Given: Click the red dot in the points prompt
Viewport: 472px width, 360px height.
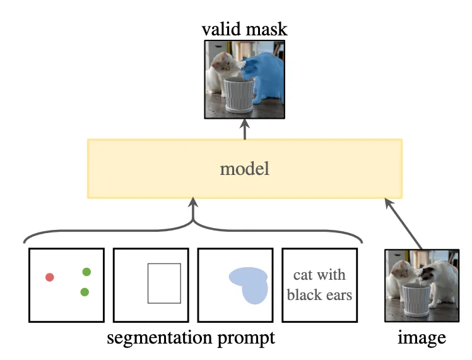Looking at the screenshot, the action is click(x=50, y=277).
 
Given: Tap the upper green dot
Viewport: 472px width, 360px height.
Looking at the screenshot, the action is click(x=86, y=272).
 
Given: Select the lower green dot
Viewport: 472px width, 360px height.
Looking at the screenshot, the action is click(x=85, y=292).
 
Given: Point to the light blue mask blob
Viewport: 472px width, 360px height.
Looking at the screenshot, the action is click(x=250, y=285).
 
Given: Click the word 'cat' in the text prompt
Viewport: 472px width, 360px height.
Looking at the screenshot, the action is click(x=303, y=275).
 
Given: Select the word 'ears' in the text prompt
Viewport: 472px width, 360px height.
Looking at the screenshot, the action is click(x=339, y=295).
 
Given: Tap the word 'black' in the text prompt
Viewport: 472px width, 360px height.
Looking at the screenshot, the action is click(x=304, y=294).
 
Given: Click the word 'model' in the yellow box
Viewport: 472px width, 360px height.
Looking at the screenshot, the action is click(x=244, y=169).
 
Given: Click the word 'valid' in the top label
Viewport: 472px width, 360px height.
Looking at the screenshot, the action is click(x=221, y=29).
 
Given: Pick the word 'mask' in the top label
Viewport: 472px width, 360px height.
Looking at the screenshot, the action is click(x=266, y=29).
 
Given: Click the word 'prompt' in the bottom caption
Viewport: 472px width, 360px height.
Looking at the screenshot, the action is click(x=246, y=339).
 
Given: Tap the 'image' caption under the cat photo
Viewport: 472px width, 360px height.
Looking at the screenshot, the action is click(x=422, y=337).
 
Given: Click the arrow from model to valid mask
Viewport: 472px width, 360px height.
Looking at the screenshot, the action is click(x=245, y=129).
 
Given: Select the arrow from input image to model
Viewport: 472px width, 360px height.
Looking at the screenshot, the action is click(x=403, y=224).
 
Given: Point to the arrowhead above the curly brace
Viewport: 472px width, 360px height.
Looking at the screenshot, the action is click(x=193, y=203).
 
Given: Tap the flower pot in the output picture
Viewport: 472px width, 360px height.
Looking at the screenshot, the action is click(x=239, y=95).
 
